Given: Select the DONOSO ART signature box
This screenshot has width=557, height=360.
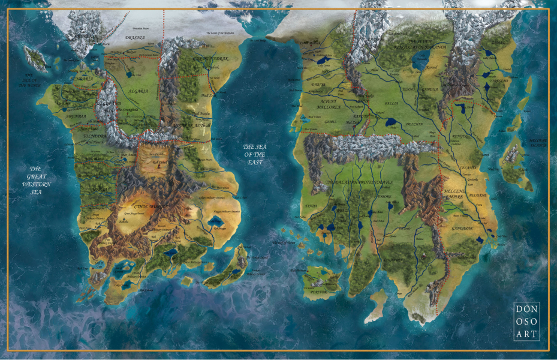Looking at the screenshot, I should click(526, 321).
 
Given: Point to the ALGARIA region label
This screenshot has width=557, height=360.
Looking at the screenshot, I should click(139, 91).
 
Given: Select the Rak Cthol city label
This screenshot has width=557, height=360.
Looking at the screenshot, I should click(158, 163).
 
